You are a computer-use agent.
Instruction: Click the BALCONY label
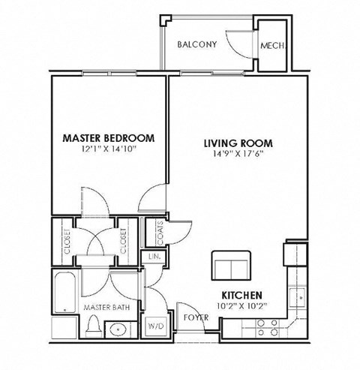tap(196, 44)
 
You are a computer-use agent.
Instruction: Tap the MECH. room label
tap(271, 45)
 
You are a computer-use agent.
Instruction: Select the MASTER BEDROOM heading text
tap(108, 138)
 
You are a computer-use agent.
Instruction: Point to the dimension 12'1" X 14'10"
tap(108, 149)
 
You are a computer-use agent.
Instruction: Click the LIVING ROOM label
tap(238, 143)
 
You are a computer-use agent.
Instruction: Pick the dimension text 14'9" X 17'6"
tap(238, 154)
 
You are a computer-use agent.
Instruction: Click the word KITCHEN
tap(241, 296)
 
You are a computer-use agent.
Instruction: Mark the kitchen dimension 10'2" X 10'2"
tap(241, 306)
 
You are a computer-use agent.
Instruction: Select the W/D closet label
tap(156, 326)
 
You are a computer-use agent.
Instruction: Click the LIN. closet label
tap(155, 257)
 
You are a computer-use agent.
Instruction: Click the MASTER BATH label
tap(102, 307)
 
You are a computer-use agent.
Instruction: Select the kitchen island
tap(230, 266)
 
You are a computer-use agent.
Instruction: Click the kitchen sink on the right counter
tap(298, 297)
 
